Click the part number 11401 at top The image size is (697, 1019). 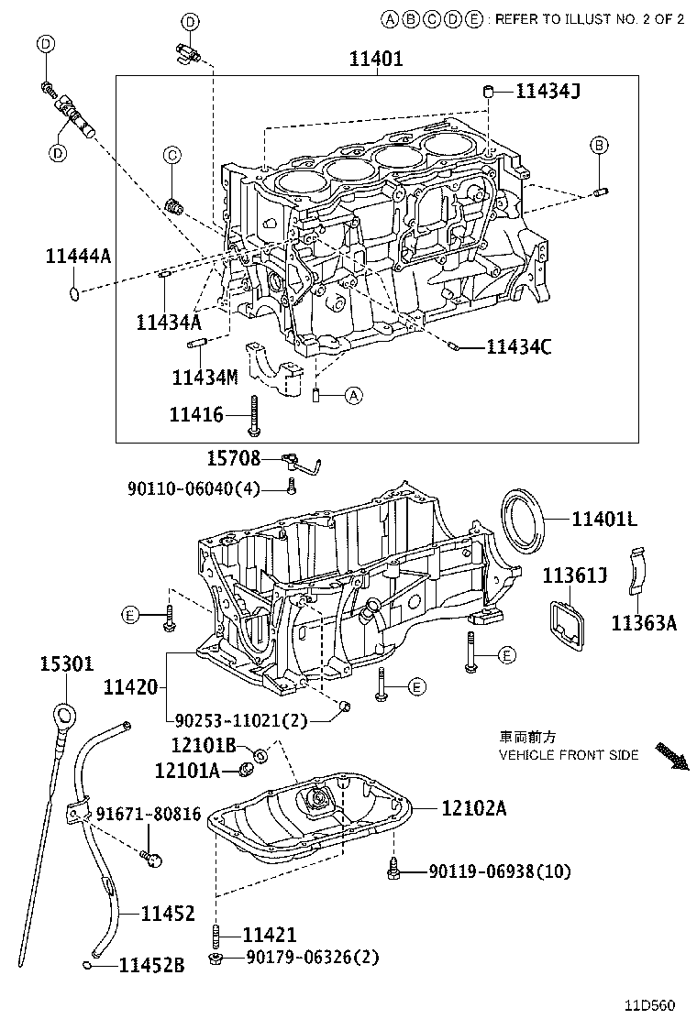point(376,60)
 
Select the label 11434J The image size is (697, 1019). point(548,90)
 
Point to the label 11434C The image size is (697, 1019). point(519,347)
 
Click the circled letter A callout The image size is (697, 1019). point(354,396)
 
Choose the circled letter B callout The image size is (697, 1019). point(598,145)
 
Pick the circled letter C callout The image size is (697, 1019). point(171,156)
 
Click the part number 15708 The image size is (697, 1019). point(232,458)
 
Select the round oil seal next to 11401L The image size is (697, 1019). point(523,518)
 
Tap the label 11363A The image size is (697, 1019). point(644,624)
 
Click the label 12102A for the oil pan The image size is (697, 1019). point(473,808)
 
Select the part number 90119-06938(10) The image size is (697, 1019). point(499,871)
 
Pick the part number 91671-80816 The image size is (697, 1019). point(148,814)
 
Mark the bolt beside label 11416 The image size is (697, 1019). point(253,417)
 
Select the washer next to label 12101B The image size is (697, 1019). point(260,754)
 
